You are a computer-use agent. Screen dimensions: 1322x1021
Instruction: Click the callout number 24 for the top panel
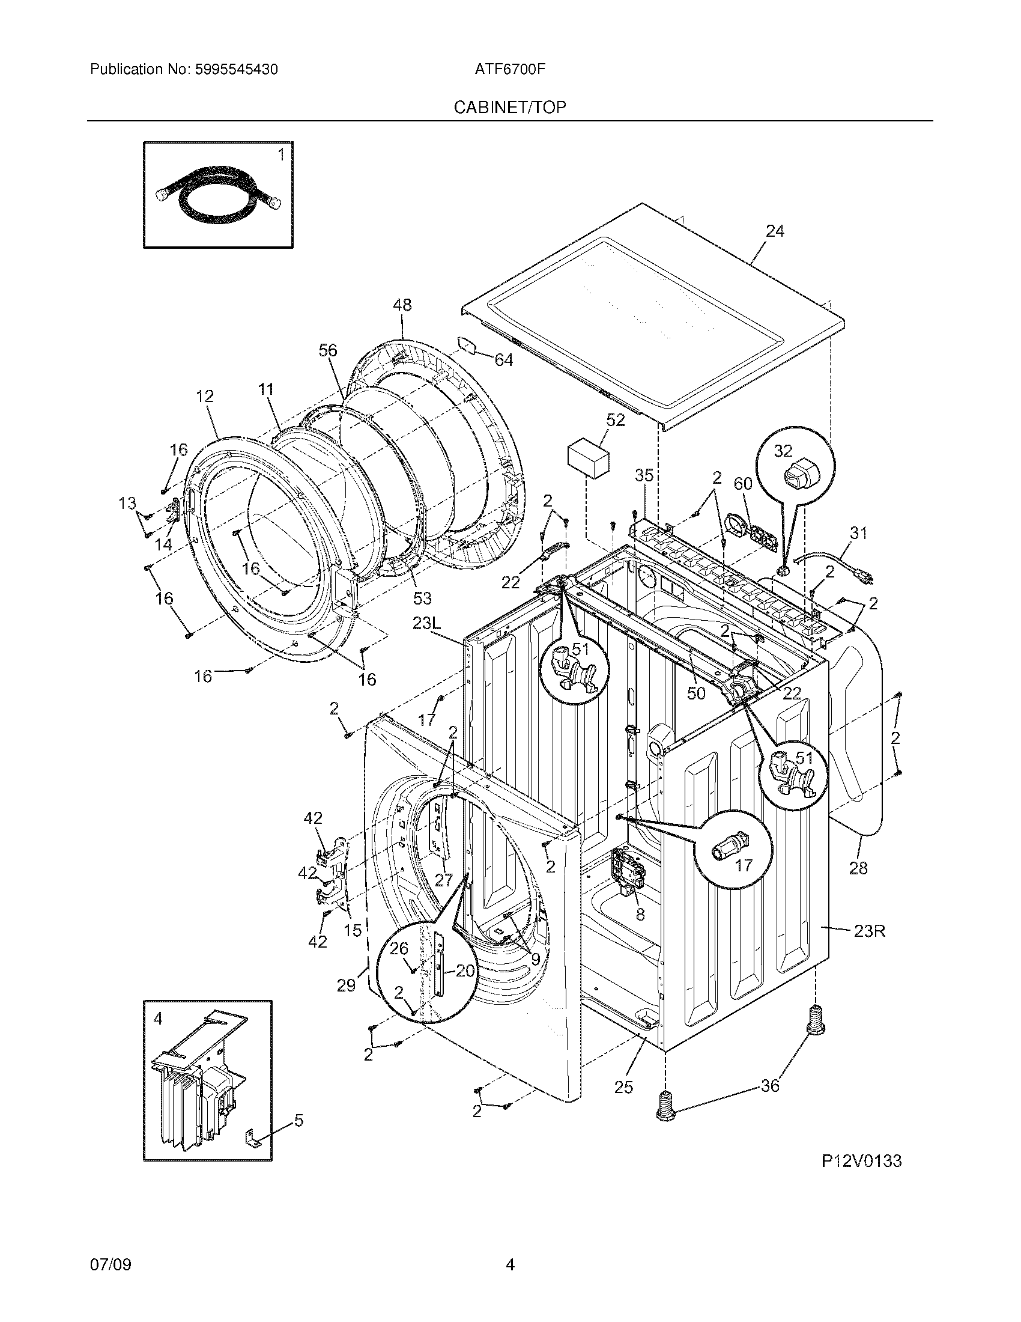coord(775,231)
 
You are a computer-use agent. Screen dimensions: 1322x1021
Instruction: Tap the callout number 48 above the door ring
coord(402,305)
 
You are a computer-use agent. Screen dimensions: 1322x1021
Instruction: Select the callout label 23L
coord(428,623)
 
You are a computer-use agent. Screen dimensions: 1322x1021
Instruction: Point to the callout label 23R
coord(870,931)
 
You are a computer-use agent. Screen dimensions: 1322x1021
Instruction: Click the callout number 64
coord(503,360)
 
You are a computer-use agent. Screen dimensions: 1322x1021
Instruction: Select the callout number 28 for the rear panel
coord(858,869)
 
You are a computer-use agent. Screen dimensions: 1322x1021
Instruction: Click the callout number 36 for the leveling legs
coord(770,1086)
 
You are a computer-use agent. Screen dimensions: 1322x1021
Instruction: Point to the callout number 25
coord(623,1087)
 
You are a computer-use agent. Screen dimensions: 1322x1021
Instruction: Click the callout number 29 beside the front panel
coord(346,986)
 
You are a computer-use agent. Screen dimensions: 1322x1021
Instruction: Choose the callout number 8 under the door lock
coord(640,915)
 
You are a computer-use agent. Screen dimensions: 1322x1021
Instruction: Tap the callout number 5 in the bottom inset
coord(299,1121)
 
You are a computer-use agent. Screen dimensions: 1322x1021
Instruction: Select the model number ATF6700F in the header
coord(510,70)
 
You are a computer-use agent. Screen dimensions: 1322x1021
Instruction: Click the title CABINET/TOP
coord(510,108)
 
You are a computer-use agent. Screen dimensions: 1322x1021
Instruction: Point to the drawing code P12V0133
coord(861,1177)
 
